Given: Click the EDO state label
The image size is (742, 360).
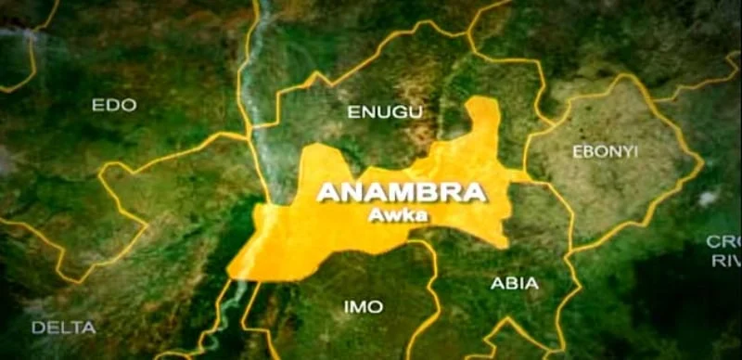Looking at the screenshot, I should click(x=114, y=105).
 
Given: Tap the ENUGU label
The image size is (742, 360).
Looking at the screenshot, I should click(x=384, y=112).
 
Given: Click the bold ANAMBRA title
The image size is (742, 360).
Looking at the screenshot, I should click(x=402, y=193).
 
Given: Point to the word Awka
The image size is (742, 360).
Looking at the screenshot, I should click(x=401, y=215).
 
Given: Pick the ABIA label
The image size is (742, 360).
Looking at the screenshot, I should click(x=515, y=284).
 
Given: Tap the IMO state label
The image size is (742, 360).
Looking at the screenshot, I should click(x=364, y=305).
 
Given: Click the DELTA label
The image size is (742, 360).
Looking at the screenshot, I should click(x=63, y=327).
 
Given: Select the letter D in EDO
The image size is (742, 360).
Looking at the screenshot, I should click(x=113, y=105).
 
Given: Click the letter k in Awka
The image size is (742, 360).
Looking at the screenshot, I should click(x=408, y=215).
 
